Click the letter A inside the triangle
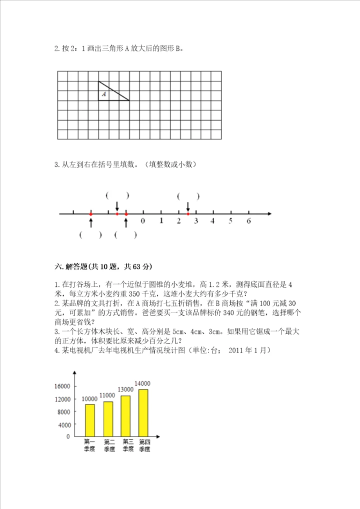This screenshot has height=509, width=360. pyautogui.click(x=104, y=93)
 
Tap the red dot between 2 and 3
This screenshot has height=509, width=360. pyautogui.click(x=188, y=214)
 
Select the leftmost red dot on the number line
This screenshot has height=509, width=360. pyautogui.click(x=91, y=214)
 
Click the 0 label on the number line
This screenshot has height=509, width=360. pyautogui.click(x=143, y=220)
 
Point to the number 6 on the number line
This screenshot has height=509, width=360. pyautogui.click(x=248, y=220)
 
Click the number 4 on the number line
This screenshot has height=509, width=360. pyautogui.click(x=213, y=220)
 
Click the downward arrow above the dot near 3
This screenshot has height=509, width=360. pyautogui.click(x=188, y=206)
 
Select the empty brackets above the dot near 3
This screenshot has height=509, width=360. pyautogui.click(x=188, y=196)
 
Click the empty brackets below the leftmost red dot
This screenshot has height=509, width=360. pyautogui.click(x=90, y=235)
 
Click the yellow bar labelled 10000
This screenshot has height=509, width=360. pyautogui.click(x=90, y=420)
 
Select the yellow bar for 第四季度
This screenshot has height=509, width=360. pyautogui.click(x=144, y=412)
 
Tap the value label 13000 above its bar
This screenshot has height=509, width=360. pyautogui.click(x=125, y=390)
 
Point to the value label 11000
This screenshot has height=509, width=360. pyautogui.click(x=107, y=395)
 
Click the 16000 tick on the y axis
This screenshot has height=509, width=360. pyautogui.click(x=62, y=386)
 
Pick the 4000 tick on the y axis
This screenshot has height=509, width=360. pyautogui.click(x=64, y=424)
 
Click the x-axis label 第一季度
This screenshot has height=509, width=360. pyautogui.click(x=90, y=445)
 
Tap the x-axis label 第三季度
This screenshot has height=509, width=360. pyautogui.click(x=127, y=445)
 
